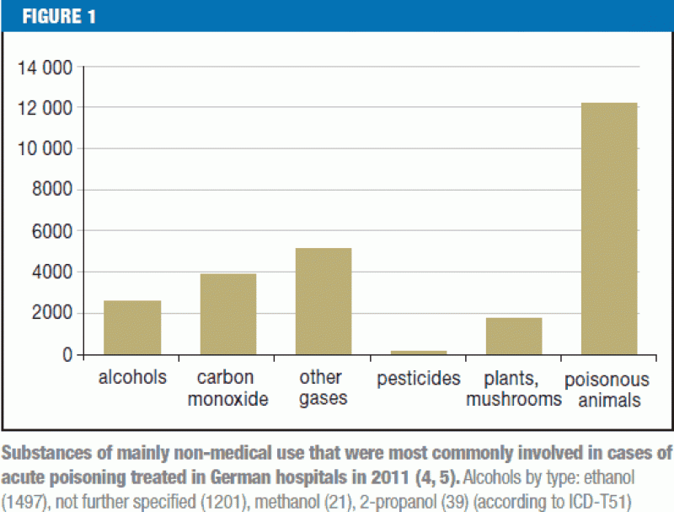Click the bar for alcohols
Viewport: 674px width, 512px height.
tap(132, 327)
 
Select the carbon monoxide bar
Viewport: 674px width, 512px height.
tap(227, 314)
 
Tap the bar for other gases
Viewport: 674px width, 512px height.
tap(323, 301)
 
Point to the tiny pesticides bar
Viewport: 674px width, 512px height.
tap(419, 353)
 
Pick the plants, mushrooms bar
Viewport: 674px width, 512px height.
tap(514, 336)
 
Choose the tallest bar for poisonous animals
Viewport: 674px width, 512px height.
tap(609, 228)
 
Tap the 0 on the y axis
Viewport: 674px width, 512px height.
tap(67, 355)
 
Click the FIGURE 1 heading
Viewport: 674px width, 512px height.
tap(58, 16)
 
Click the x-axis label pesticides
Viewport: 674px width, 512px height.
tap(419, 377)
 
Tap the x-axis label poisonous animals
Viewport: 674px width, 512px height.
tap(607, 388)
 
